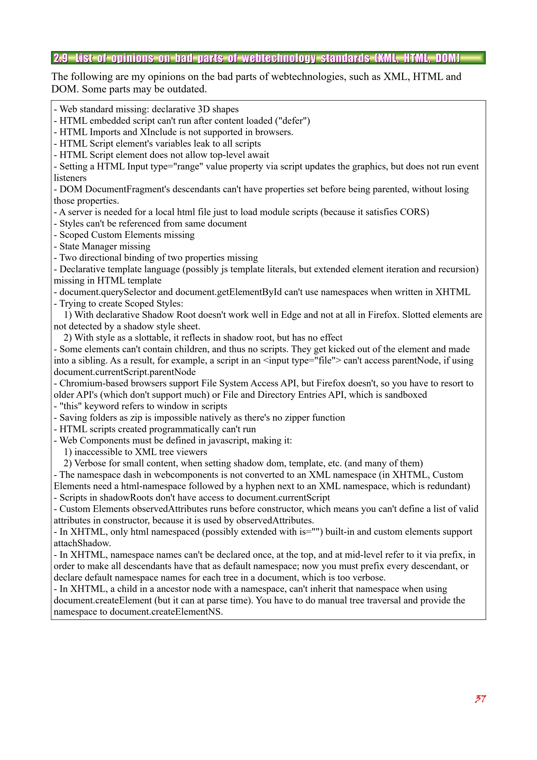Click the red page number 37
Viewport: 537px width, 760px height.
tap(480, 699)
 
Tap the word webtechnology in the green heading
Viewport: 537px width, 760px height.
tap(278, 58)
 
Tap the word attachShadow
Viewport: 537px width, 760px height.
tap(82, 544)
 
